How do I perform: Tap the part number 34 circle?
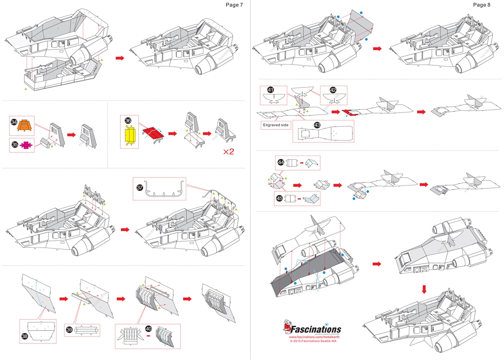[14, 123]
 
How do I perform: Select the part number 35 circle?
[15, 145]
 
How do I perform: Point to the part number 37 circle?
[140, 187]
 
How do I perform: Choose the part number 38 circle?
[24, 336]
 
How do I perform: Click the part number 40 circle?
[148, 328]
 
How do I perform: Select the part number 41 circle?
[270, 90]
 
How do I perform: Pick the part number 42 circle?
[333, 90]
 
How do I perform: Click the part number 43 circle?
[317, 124]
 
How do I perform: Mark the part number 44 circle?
[281, 162]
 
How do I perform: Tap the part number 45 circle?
[281, 198]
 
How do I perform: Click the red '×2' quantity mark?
[229, 152]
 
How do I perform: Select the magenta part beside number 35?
[26, 145]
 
